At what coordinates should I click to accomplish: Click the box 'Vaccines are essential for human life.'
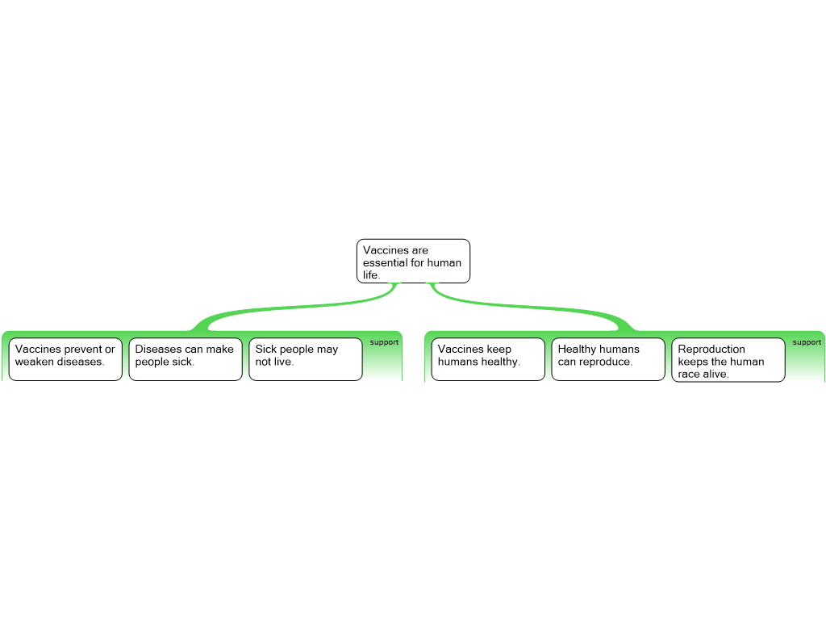point(413,261)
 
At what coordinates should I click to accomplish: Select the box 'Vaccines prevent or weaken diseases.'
point(65,359)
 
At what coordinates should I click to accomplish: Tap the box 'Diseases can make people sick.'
point(186,359)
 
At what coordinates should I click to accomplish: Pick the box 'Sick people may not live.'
point(306,359)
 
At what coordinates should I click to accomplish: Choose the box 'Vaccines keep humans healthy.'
point(488,359)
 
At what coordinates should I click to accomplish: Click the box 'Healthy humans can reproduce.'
point(608,359)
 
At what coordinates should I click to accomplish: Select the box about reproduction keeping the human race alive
point(728,359)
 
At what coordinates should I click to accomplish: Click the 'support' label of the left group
point(384,342)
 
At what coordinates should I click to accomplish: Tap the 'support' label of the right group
point(807,342)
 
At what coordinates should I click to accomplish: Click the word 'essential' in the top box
point(385,262)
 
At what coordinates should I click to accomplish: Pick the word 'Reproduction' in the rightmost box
point(711,349)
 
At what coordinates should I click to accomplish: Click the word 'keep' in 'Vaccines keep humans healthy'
point(499,350)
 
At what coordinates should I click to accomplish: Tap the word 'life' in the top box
point(371,274)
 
